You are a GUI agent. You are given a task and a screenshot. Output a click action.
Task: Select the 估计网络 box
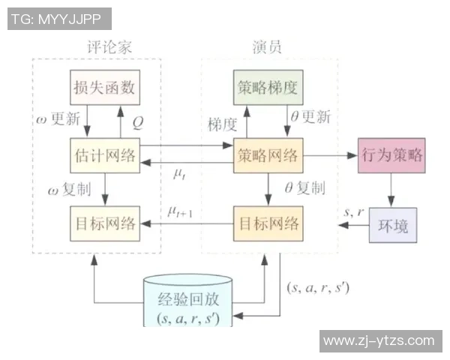tap(105, 156)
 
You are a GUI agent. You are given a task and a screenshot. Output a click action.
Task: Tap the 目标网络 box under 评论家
tap(105, 223)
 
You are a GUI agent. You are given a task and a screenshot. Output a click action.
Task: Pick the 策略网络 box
tap(267, 156)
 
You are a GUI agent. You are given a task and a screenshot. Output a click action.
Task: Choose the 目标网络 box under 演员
tap(267, 223)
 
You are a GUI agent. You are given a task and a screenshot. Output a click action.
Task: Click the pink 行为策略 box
tap(391, 156)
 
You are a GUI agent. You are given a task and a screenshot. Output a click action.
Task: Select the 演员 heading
tap(267, 47)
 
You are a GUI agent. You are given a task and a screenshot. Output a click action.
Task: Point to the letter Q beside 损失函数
tap(138, 120)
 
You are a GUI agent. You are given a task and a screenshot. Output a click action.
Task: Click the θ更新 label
tap(309, 118)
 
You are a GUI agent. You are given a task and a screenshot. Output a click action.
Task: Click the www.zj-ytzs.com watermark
tap(379, 341)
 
